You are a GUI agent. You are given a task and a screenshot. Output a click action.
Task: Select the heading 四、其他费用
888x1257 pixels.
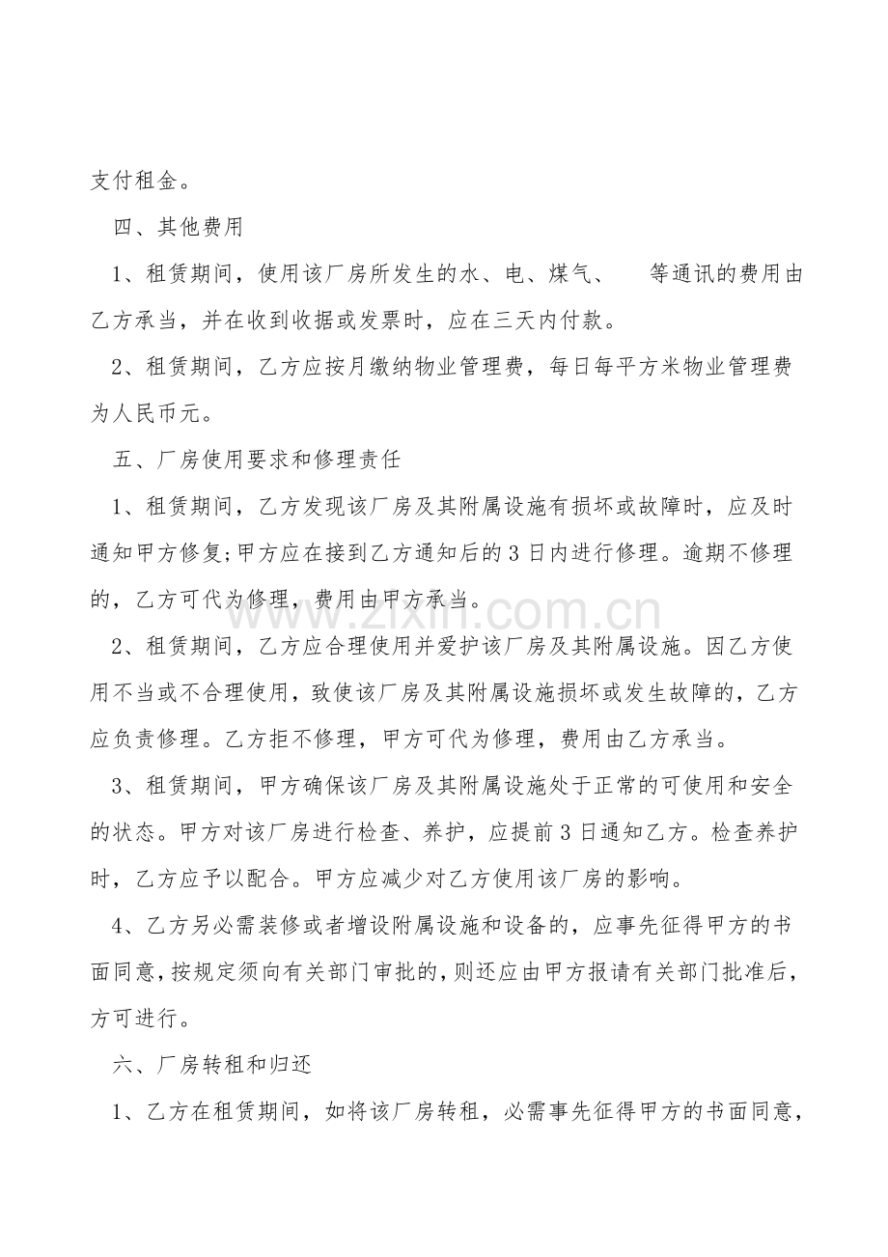point(178,228)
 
